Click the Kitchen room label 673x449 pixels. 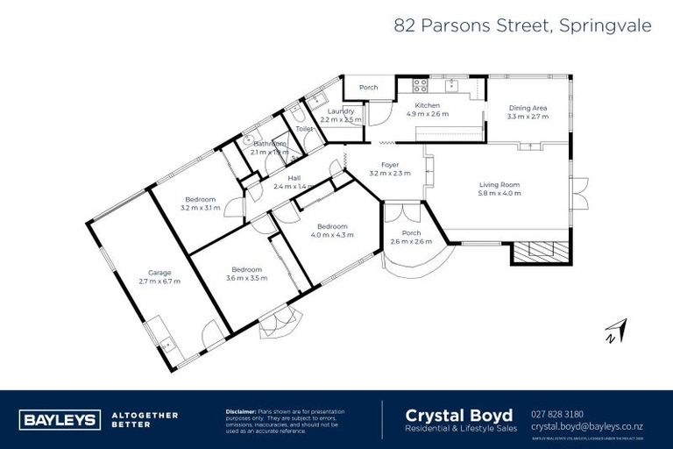(427, 105)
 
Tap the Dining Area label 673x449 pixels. (528, 108)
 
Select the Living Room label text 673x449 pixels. (499, 184)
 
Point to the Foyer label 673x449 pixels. (390, 165)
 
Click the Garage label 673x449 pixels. (159, 272)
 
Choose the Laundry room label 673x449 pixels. (340, 111)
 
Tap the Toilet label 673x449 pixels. (304, 129)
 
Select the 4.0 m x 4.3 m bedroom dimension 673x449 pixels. (331, 234)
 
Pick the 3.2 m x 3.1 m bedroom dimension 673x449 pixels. (200, 208)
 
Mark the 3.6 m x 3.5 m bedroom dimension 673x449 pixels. (246, 278)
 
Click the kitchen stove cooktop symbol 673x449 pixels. (420, 86)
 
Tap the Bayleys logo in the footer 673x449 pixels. (59, 419)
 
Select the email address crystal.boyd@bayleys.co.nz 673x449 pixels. (592, 426)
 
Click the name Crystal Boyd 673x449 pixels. (450, 414)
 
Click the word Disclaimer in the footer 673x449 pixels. (240, 410)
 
